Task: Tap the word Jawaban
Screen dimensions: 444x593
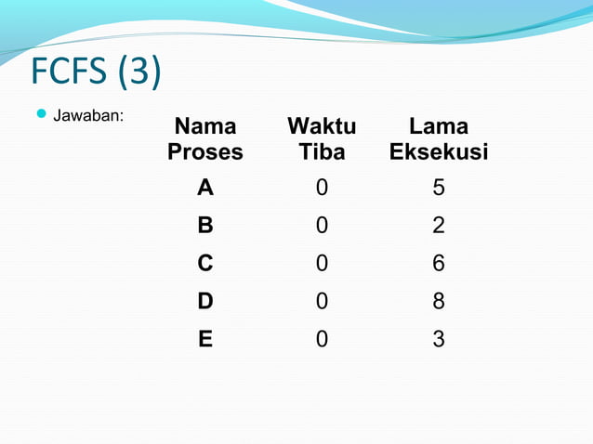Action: click(89, 117)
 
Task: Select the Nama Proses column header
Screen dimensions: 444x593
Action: click(205, 139)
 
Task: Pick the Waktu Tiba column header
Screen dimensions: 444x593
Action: click(322, 139)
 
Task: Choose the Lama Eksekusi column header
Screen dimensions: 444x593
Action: click(439, 139)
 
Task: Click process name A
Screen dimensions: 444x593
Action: click(205, 189)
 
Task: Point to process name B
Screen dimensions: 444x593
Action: click(205, 226)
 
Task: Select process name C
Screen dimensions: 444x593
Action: click(205, 264)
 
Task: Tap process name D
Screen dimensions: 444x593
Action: click(205, 302)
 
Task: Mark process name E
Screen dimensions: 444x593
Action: click(205, 340)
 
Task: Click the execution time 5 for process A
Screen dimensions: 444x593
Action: click(439, 189)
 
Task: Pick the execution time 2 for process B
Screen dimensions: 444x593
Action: click(439, 226)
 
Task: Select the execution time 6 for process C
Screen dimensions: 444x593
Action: click(439, 264)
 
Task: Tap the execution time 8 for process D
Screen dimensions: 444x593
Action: click(439, 302)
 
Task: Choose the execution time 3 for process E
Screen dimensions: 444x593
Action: click(439, 340)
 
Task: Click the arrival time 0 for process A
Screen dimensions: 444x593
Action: click(322, 189)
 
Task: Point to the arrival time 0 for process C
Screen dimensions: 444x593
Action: click(322, 264)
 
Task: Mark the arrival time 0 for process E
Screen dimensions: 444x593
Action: click(322, 340)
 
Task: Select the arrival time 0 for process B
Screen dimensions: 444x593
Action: click(322, 226)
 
